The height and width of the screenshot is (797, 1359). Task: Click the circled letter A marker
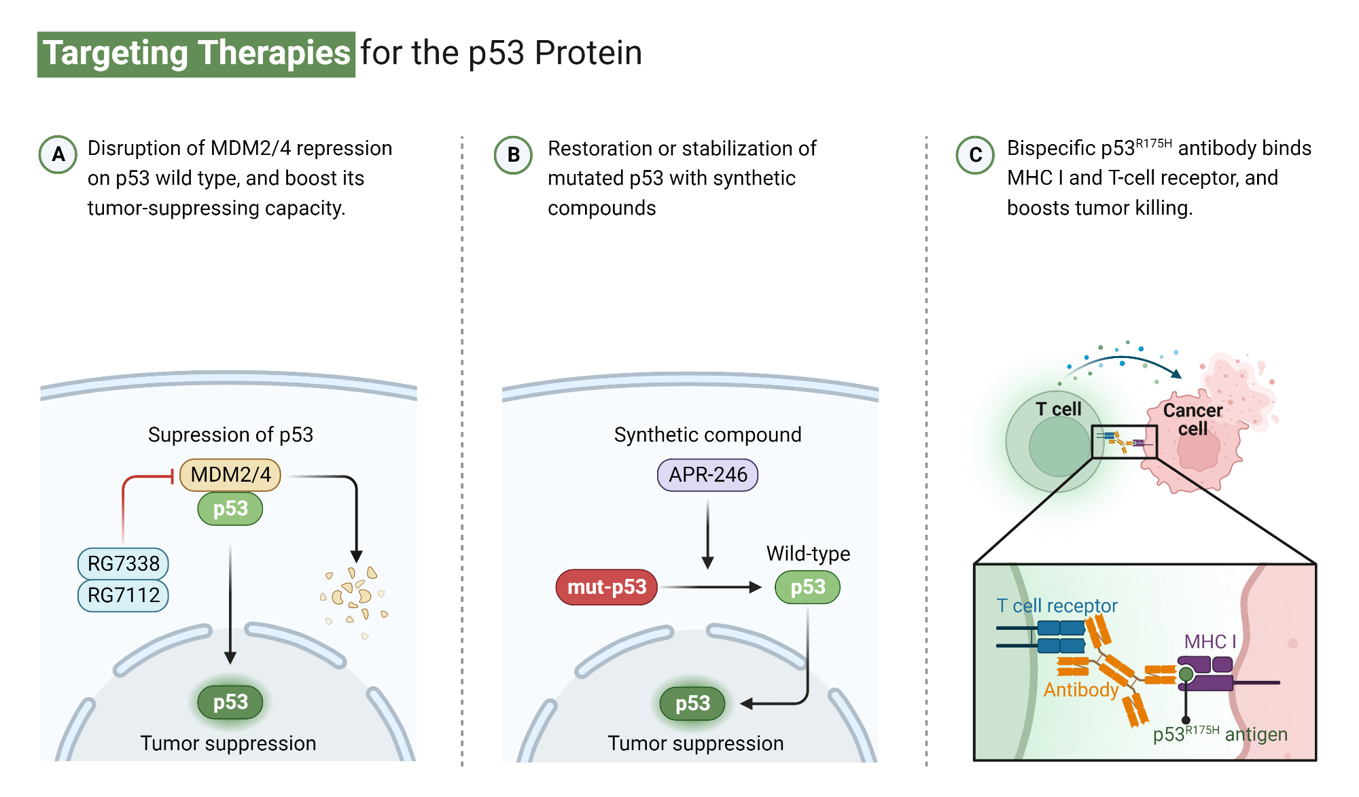(58, 154)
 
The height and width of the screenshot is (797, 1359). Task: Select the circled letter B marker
(513, 155)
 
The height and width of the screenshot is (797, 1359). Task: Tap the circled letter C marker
(975, 155)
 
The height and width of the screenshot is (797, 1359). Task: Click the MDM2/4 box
(230, 474)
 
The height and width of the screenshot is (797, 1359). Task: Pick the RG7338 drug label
(123, 563)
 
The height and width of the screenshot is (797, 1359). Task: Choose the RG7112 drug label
(123, 595)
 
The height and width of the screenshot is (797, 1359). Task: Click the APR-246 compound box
(707, 474)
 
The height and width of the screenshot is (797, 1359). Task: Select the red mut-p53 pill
(606, 587)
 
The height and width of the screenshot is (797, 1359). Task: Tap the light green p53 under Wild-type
(807, 587)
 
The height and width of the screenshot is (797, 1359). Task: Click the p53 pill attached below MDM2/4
(230, 509)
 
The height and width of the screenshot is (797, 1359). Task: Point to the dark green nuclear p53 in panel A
(230, 702)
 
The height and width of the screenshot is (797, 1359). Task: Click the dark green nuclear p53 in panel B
(692, 703)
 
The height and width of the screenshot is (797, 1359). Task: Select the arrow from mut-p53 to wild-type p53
(710, 587)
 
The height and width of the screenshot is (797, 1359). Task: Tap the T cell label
(1058, 409)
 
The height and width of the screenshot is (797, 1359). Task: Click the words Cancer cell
(1193, 419)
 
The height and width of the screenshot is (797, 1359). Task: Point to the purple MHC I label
(1210, 641)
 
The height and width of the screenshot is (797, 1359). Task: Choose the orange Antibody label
(1080, 690)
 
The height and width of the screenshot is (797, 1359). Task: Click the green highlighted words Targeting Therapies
(196, 54)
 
